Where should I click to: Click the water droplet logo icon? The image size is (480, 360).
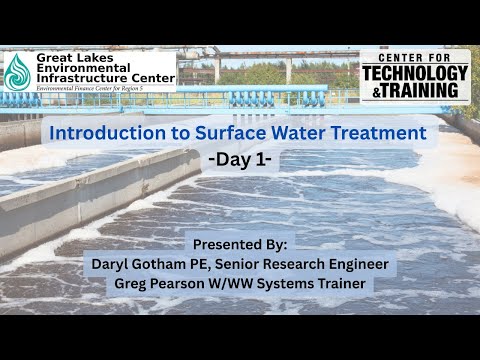(17, 71)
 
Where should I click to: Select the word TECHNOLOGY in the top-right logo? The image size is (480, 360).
(415, 73)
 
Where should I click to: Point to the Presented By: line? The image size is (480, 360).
(239, 244)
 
